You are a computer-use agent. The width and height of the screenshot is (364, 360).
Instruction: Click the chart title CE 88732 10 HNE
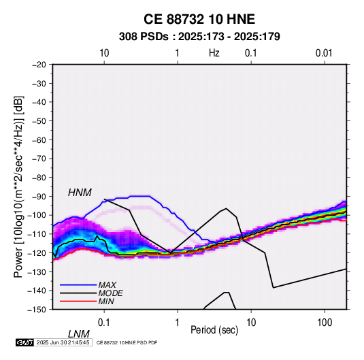point(199,19)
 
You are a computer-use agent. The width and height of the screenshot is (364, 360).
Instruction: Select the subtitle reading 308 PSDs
point(144,37)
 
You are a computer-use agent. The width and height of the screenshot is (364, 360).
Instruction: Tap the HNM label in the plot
point(80,193)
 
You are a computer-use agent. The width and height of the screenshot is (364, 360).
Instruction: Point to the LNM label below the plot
point(79,334)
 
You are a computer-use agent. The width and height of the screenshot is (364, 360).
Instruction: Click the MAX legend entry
point(107,284)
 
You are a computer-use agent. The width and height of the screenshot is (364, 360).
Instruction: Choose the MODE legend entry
point(110,293)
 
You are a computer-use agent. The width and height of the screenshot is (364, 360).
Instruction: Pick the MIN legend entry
point(106,301)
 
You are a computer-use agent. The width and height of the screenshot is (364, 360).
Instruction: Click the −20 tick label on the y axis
point(39,65)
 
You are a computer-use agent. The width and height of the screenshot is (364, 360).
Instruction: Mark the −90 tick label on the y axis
point(39,197)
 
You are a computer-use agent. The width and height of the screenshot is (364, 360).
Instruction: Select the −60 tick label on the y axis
point(39,140)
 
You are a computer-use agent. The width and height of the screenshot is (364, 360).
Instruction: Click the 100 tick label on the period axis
point(325,323)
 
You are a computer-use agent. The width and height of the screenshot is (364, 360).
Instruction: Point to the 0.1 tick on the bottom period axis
point(104,323)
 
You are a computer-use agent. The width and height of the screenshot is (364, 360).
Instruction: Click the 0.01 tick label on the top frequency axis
point(324,53)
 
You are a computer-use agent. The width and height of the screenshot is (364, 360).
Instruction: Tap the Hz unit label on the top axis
point(214,53)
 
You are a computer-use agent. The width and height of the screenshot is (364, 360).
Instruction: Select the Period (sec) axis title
point(214,330)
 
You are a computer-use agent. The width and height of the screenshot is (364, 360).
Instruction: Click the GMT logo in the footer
point(25,342)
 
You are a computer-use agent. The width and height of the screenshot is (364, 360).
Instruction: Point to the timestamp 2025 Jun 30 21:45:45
point(63,342)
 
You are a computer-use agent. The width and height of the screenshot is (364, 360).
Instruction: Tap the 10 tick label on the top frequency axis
point(104,53)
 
